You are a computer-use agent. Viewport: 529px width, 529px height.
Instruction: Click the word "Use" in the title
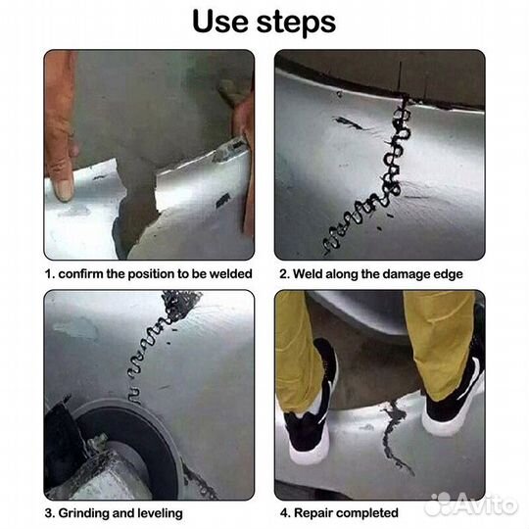coord(222,23)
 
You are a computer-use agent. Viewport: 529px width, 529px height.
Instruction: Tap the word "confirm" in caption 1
coord(84,274)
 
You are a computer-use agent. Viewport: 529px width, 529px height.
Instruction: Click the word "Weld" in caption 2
coord(313,274)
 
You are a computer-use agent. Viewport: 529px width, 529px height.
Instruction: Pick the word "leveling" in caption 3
coord(158,512)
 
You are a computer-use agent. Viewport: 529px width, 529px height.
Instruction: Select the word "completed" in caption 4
coord(367,512)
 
